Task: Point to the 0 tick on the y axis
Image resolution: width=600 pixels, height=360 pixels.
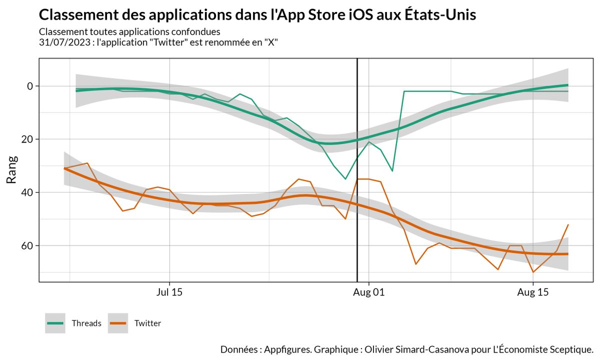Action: tap(30, 86)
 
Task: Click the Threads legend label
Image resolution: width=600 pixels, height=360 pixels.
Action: tap(86, 323)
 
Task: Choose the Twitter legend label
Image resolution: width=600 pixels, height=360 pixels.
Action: tap(147, 323)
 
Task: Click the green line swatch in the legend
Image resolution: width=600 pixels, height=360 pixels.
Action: tap(55, 323)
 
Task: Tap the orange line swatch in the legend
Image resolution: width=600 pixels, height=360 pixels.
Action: tap(118, 323)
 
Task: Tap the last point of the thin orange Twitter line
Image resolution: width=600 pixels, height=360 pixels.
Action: tap(568, 224)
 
